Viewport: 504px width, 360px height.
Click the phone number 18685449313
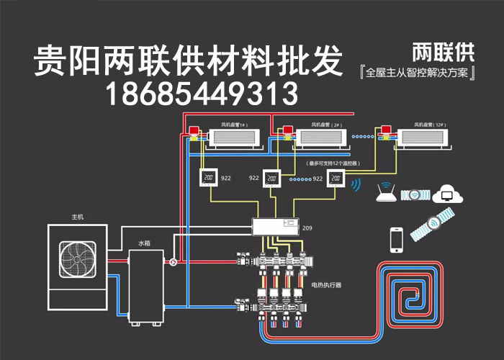pyautogui.click(x=202, y=92)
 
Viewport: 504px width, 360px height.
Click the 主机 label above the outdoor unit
pyautogui.click(x=78, y=217)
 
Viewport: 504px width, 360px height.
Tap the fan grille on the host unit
pyautogui.click(x=78, y=260)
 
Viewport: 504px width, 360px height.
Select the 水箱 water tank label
pyautogui.click(x=145, y=243)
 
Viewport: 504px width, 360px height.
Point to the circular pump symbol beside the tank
pyautogui.click(x=173, y=262)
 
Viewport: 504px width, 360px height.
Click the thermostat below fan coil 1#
pyautogui.click(x=209, y=179)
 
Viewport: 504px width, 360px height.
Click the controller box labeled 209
pyautogui.click(x=274, y=228)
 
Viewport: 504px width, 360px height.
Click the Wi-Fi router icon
pyautogui.click(x=386, y=193)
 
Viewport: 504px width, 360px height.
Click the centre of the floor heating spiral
pyautogui.click(x=413, y=297)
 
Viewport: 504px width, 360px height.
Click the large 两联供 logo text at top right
pyautogui.click(x=441, y=53)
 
